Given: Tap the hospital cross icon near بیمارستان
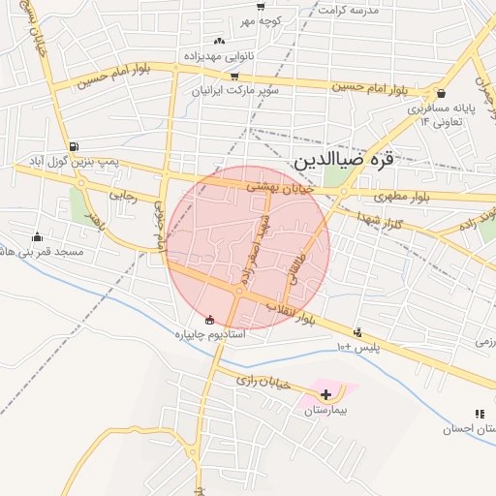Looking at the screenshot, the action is (326, 394).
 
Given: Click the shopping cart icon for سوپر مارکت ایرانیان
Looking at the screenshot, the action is (233, 76).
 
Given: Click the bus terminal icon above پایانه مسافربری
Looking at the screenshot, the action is (443, 94).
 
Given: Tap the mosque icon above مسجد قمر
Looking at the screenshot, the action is (38, 236).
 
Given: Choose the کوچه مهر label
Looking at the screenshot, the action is (261, 20).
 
